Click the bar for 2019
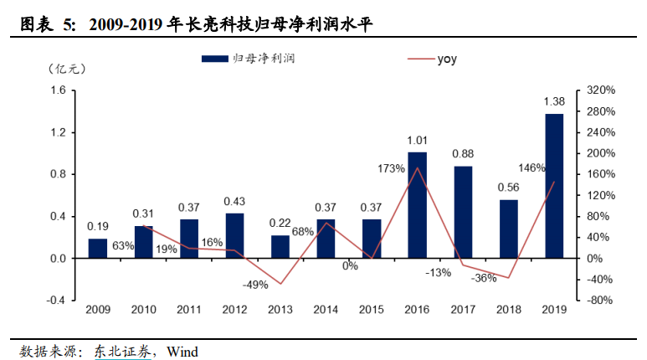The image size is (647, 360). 554,186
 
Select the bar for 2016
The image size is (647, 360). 418,205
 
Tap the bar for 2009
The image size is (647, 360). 98,249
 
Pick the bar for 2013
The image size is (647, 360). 280,247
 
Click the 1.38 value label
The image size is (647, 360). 554,102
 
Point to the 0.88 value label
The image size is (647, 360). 463,154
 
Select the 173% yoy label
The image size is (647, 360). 391,169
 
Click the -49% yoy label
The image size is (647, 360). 254,285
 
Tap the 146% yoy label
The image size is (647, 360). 531,167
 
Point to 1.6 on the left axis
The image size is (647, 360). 58,90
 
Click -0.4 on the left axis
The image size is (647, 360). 55,301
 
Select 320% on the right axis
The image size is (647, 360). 601,90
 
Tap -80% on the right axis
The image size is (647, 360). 601,301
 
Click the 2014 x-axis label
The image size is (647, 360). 326,310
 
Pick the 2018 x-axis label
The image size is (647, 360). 508,310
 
